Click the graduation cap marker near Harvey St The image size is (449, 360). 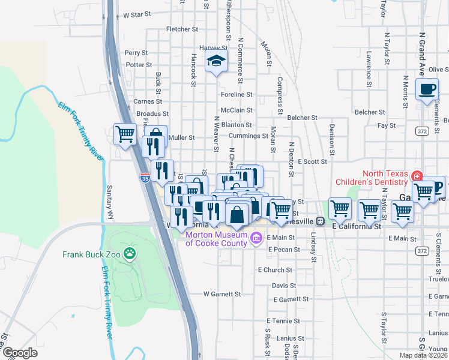(216, 61)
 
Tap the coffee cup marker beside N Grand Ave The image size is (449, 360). (427, 89)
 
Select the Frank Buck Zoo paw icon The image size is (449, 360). (130, 254)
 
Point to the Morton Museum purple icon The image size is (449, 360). (256, 239)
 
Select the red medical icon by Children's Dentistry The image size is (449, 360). (415, 176)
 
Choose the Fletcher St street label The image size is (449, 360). (182, 29)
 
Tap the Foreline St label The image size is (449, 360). (237, 94)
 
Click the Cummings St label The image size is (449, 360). (249, 136)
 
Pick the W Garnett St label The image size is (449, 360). (222, 294)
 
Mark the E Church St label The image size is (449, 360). (275, 270)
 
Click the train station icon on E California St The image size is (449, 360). (321, 221)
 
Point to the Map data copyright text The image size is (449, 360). (424, 355)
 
